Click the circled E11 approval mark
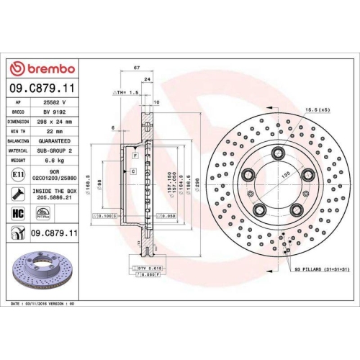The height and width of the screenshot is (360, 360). point(17,175)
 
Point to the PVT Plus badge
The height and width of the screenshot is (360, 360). point(43,214)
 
